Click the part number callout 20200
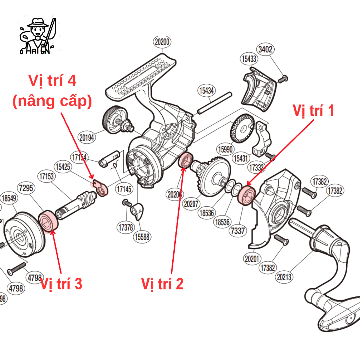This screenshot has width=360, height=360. point(162,42)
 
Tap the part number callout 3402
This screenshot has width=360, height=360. point(265,49)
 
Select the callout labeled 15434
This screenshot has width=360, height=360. point(206,91)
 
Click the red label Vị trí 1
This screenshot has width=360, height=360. point(313,111)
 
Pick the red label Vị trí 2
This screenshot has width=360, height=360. point(162,283)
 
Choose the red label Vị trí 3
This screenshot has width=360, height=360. point(61,283)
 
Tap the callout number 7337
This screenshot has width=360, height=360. point(238,231)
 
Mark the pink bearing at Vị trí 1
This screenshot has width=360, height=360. point(246,195)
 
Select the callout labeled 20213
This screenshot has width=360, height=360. point(284,277)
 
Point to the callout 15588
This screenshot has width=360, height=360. point(142,237)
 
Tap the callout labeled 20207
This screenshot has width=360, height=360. point(191,204)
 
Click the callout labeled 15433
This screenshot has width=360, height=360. point(249,59)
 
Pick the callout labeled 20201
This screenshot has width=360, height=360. point(252,259)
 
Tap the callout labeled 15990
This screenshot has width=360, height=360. point(225,149)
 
